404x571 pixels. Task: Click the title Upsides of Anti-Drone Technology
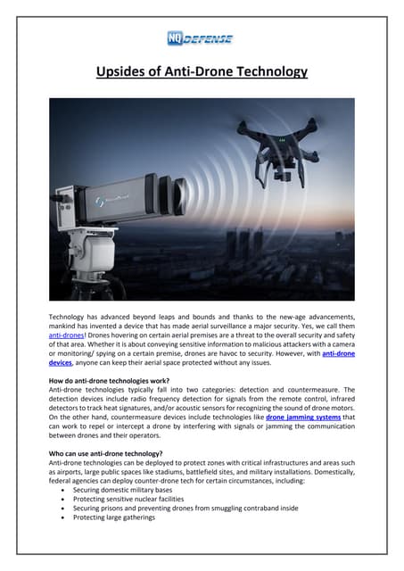pyautogui.click(x=202, y=70)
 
